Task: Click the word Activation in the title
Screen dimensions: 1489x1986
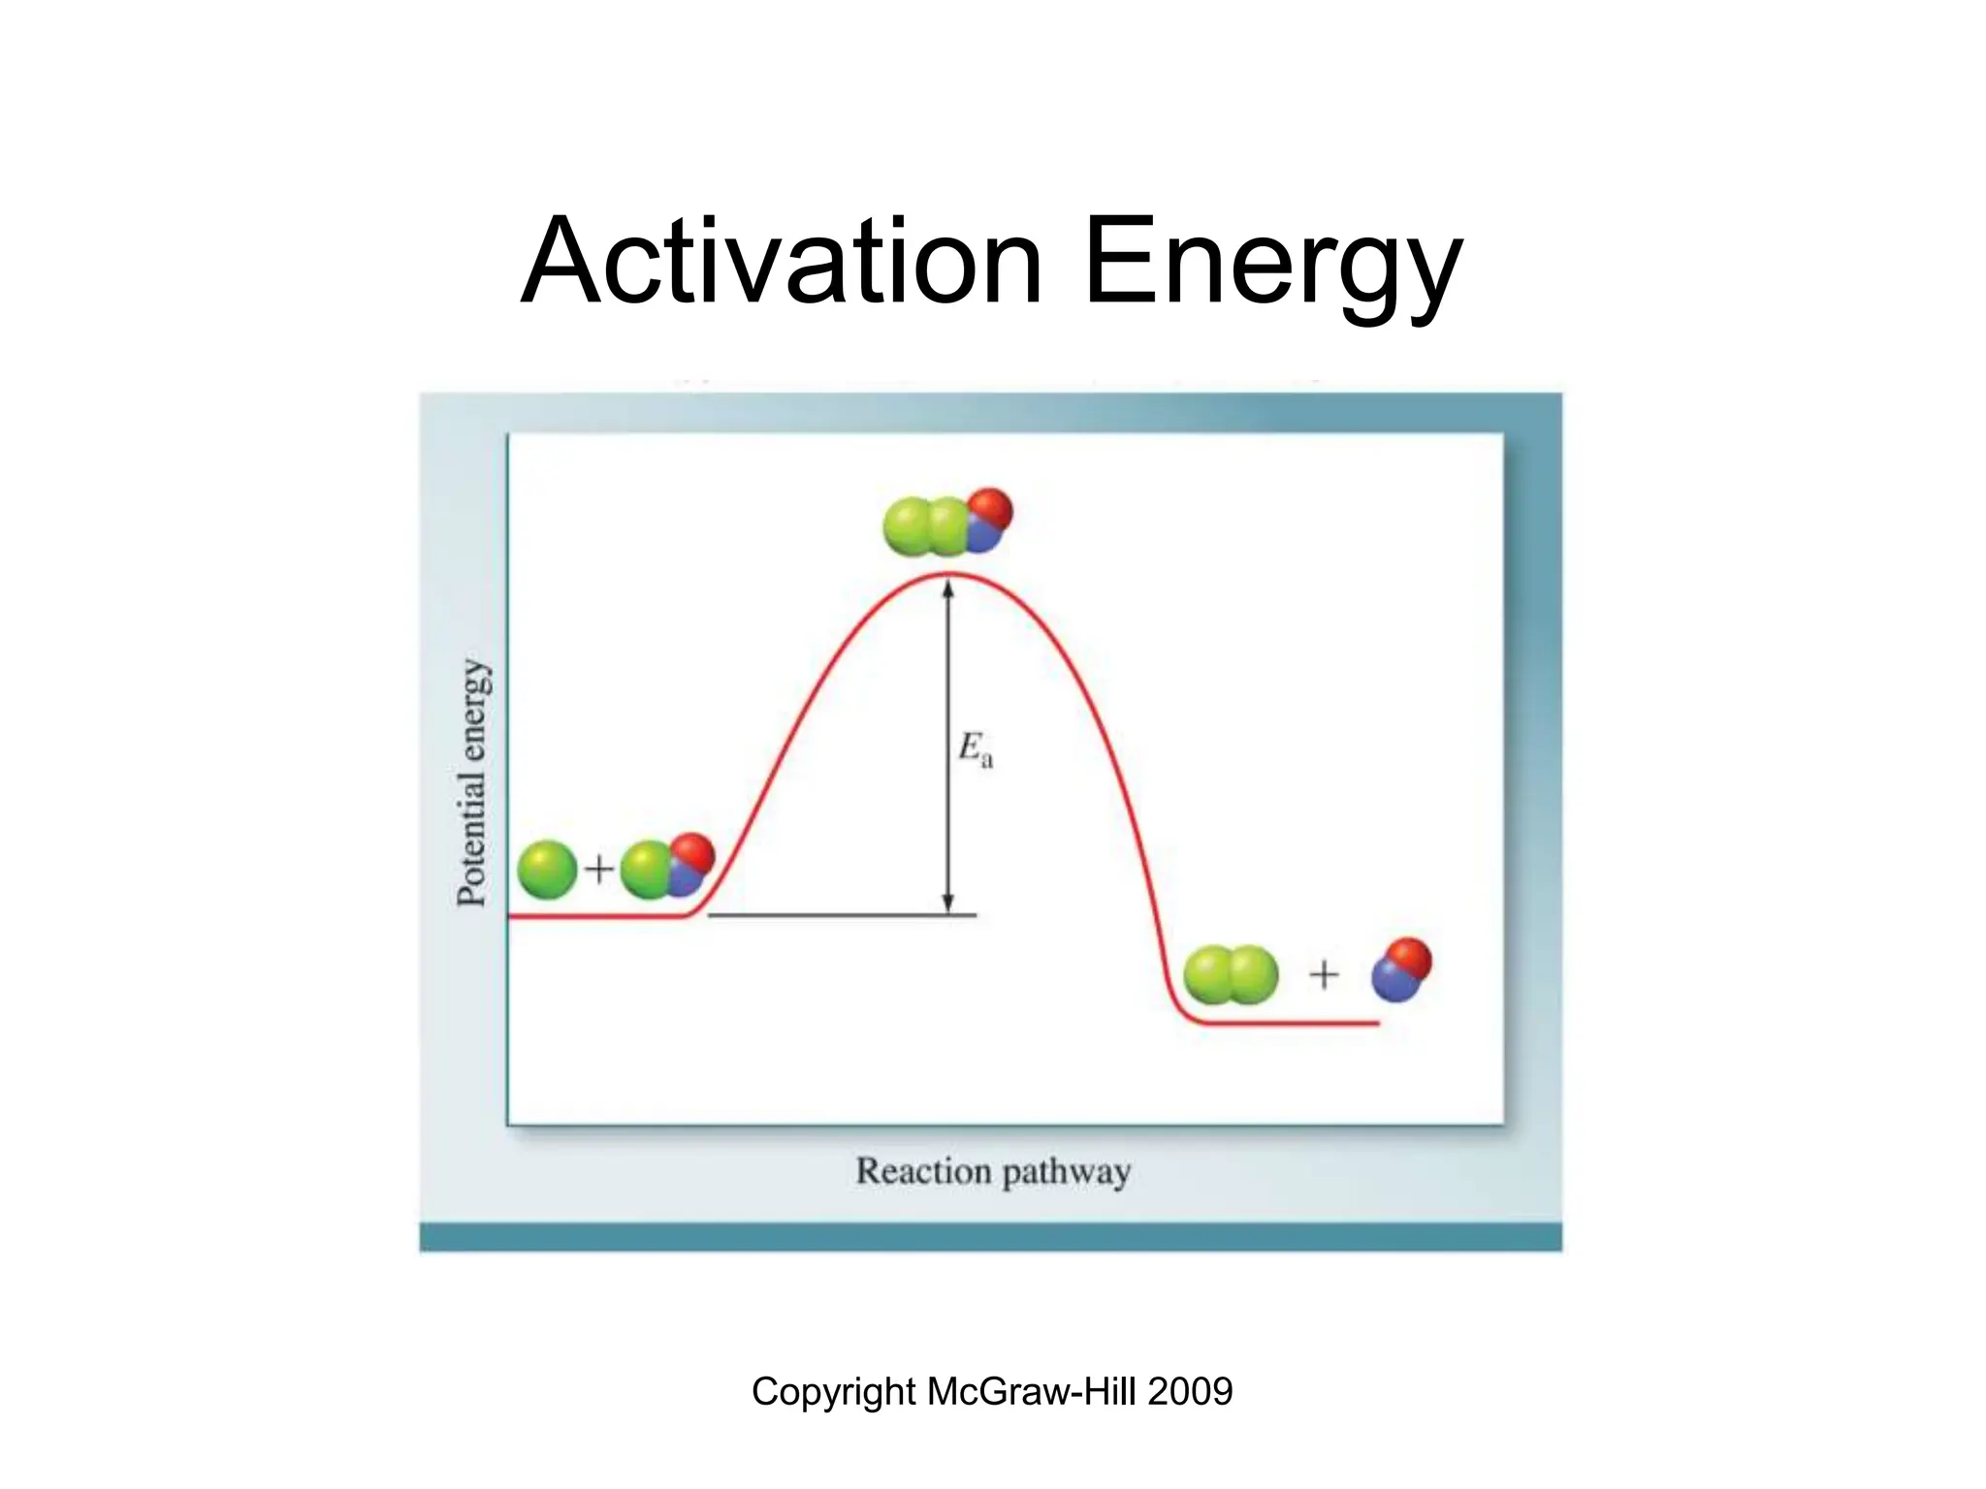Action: click(x=782, y=262)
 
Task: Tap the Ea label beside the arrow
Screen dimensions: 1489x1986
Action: click(x=975, y=749)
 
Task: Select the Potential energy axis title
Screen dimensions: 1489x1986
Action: click(x=472, y=783)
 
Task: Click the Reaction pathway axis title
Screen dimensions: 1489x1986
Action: click(x=993, y=1171)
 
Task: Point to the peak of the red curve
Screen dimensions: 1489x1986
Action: click(x=948, y=576)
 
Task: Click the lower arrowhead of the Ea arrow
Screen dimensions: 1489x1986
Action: click(x=948, y=903)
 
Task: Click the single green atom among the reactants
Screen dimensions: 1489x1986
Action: click(x=547, y=869)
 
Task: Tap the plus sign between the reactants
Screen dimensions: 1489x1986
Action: click(x=599, y=869)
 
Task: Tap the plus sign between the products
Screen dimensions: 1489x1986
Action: click(x=1324, y=974)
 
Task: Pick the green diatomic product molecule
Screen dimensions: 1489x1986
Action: click(x=1231, y=974)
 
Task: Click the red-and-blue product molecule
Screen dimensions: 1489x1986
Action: click(x=1401, y=970)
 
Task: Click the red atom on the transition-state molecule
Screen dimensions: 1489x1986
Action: click(x=990, y=509)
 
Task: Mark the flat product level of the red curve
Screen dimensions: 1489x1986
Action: click(x=1290, y=1023)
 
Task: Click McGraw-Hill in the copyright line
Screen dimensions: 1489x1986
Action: click(x=1032, y=1392)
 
